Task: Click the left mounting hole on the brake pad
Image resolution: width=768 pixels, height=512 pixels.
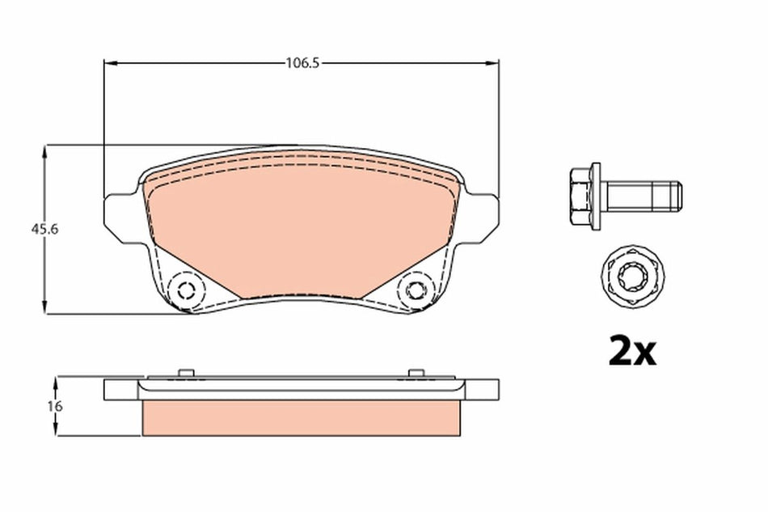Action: [187, 290]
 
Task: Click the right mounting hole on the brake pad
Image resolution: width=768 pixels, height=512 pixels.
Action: [416, 290]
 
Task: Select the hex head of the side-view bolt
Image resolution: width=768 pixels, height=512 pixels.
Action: [580, 195]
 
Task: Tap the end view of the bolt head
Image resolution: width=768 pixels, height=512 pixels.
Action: [632, 277]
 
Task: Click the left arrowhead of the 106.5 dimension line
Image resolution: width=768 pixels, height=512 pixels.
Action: [110, 62]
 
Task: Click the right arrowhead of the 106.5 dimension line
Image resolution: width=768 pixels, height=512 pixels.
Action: [494, 62]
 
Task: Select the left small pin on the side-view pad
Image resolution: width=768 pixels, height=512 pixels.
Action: [186, 373]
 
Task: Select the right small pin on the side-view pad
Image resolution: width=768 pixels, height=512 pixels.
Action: [416, 373]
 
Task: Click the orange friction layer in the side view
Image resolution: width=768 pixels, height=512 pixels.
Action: [302, 417]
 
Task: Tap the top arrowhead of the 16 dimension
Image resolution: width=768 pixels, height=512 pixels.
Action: [56, 381]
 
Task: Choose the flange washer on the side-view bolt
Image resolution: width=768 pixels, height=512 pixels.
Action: [596, 195]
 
